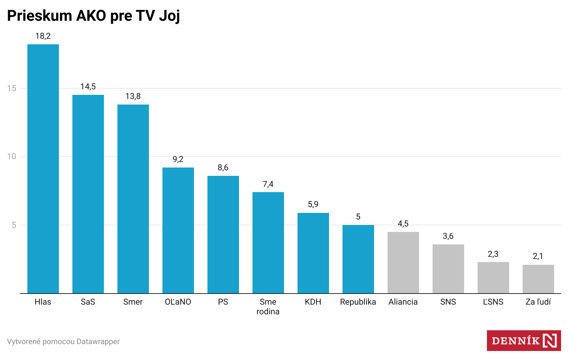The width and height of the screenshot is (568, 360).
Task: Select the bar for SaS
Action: (88, 194)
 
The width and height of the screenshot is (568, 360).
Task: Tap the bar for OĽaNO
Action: (178, 230)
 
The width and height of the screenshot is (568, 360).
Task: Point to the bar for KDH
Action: (313, 253)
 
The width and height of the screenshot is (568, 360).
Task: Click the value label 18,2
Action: (43, 36)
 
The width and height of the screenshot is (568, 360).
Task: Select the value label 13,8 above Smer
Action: (133, 96)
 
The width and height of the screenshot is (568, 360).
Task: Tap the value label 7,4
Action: (268, 184)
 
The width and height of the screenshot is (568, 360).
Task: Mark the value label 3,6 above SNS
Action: (448, 236)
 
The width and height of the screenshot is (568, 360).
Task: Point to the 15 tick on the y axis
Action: (12, 88)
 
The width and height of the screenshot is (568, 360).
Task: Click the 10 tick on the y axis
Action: (12, 156)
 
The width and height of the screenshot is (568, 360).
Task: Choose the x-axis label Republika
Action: (358, 302)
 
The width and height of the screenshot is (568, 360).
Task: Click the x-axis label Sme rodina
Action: (268, 307)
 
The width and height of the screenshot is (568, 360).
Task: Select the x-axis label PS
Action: (223, 302)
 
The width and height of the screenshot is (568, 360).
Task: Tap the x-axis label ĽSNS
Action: (493, 302)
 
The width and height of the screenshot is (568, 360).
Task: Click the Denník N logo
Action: (524, 341)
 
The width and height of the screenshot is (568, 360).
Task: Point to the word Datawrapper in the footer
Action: (98, 342)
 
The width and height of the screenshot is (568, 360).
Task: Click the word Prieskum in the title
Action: (39, 16)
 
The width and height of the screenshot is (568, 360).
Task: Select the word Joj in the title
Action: (169, 16)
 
